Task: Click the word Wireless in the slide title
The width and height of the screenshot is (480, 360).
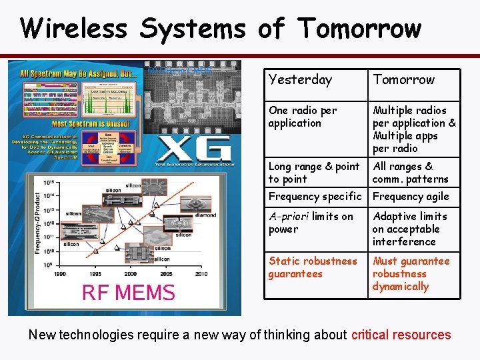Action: (73, 29)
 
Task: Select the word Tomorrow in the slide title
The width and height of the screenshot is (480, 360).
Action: (359, 29)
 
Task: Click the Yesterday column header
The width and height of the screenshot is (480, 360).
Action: (299, 80)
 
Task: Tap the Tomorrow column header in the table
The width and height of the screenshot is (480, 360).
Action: (403, 80)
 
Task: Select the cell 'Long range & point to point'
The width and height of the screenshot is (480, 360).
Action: (313, 173)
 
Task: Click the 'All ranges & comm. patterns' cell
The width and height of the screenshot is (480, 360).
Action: (410, 173)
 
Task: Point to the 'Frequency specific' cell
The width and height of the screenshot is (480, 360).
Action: (314, 197)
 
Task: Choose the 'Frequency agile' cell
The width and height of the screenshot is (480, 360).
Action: (411, 197)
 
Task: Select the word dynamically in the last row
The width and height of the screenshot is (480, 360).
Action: (401, 287)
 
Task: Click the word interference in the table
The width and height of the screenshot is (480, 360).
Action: (404, 242)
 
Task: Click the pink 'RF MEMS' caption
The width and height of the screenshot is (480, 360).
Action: (128, 292)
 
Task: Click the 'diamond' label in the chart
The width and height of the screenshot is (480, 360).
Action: (205, 215)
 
